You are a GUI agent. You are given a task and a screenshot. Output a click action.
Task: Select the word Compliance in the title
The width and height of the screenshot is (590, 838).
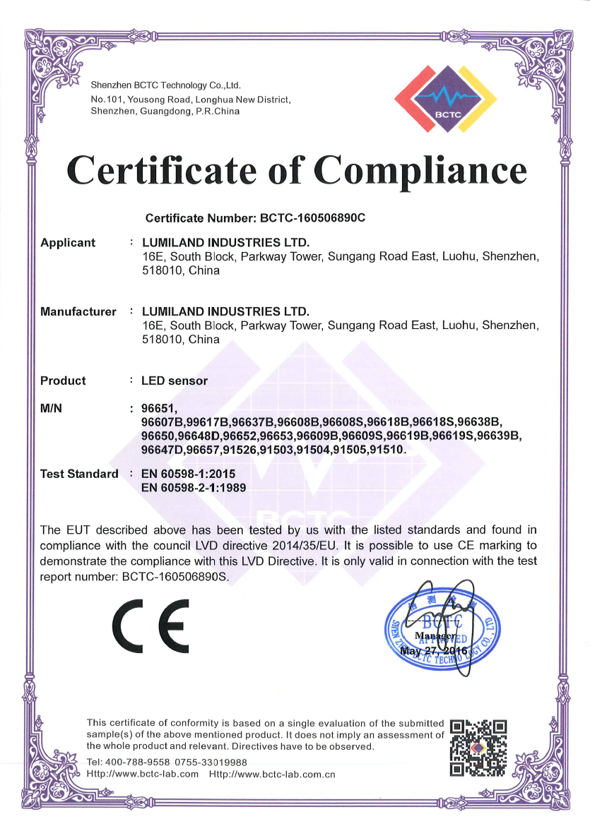coord(420,170)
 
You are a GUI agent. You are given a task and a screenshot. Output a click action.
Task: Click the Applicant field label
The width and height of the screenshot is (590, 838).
coord(68,243)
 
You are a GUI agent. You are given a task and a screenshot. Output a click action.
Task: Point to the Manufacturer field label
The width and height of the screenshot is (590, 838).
coord(78,311)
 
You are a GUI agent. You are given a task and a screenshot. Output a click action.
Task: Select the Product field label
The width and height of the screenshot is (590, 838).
coord(63,381)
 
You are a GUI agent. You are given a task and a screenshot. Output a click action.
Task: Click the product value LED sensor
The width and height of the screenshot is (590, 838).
coord(175,381)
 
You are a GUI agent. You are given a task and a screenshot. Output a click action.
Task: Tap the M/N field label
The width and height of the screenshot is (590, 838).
coord(53,409)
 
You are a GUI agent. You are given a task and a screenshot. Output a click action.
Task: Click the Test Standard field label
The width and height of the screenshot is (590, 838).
coord(79,474)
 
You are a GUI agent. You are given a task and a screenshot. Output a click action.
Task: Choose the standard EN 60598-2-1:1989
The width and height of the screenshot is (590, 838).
coord(194,486)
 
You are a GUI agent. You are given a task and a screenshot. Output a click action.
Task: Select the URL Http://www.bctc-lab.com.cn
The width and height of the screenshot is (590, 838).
coord(272,774)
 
